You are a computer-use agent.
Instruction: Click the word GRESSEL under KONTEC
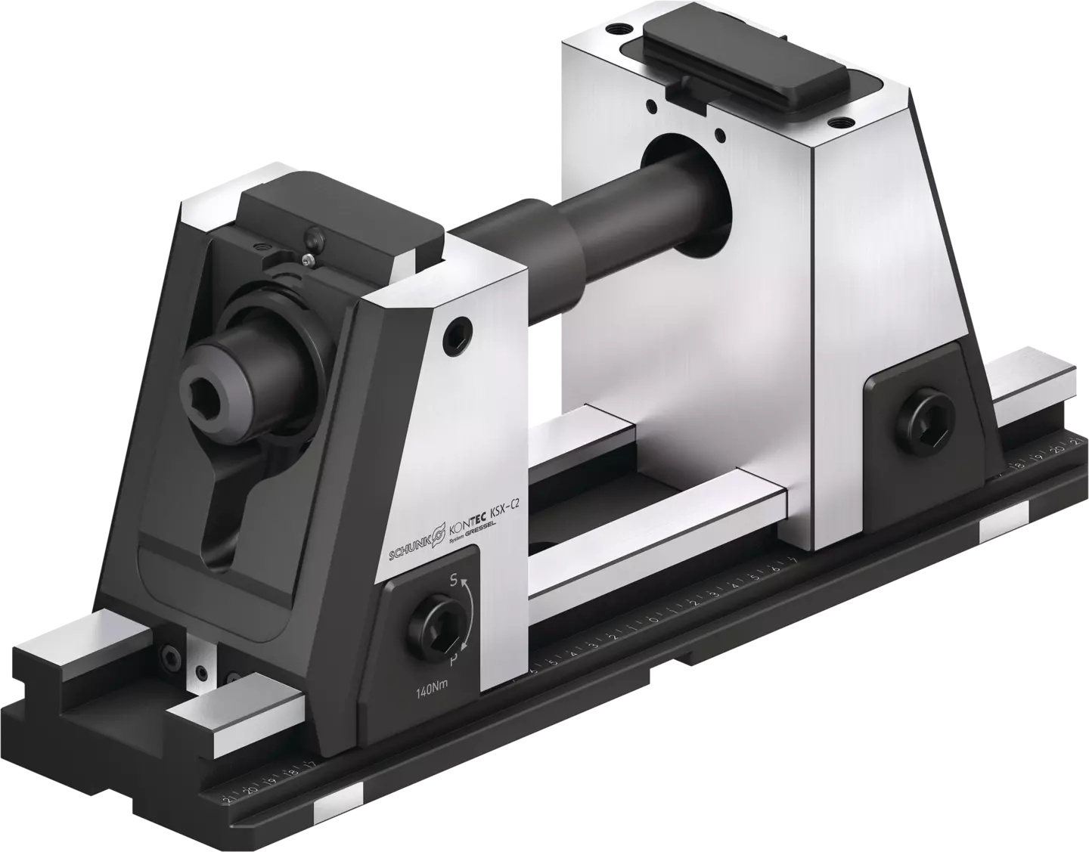coord(478,532)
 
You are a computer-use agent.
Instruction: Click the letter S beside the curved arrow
coord(453,581)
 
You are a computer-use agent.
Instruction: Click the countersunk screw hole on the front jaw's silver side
coord(459,330)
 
